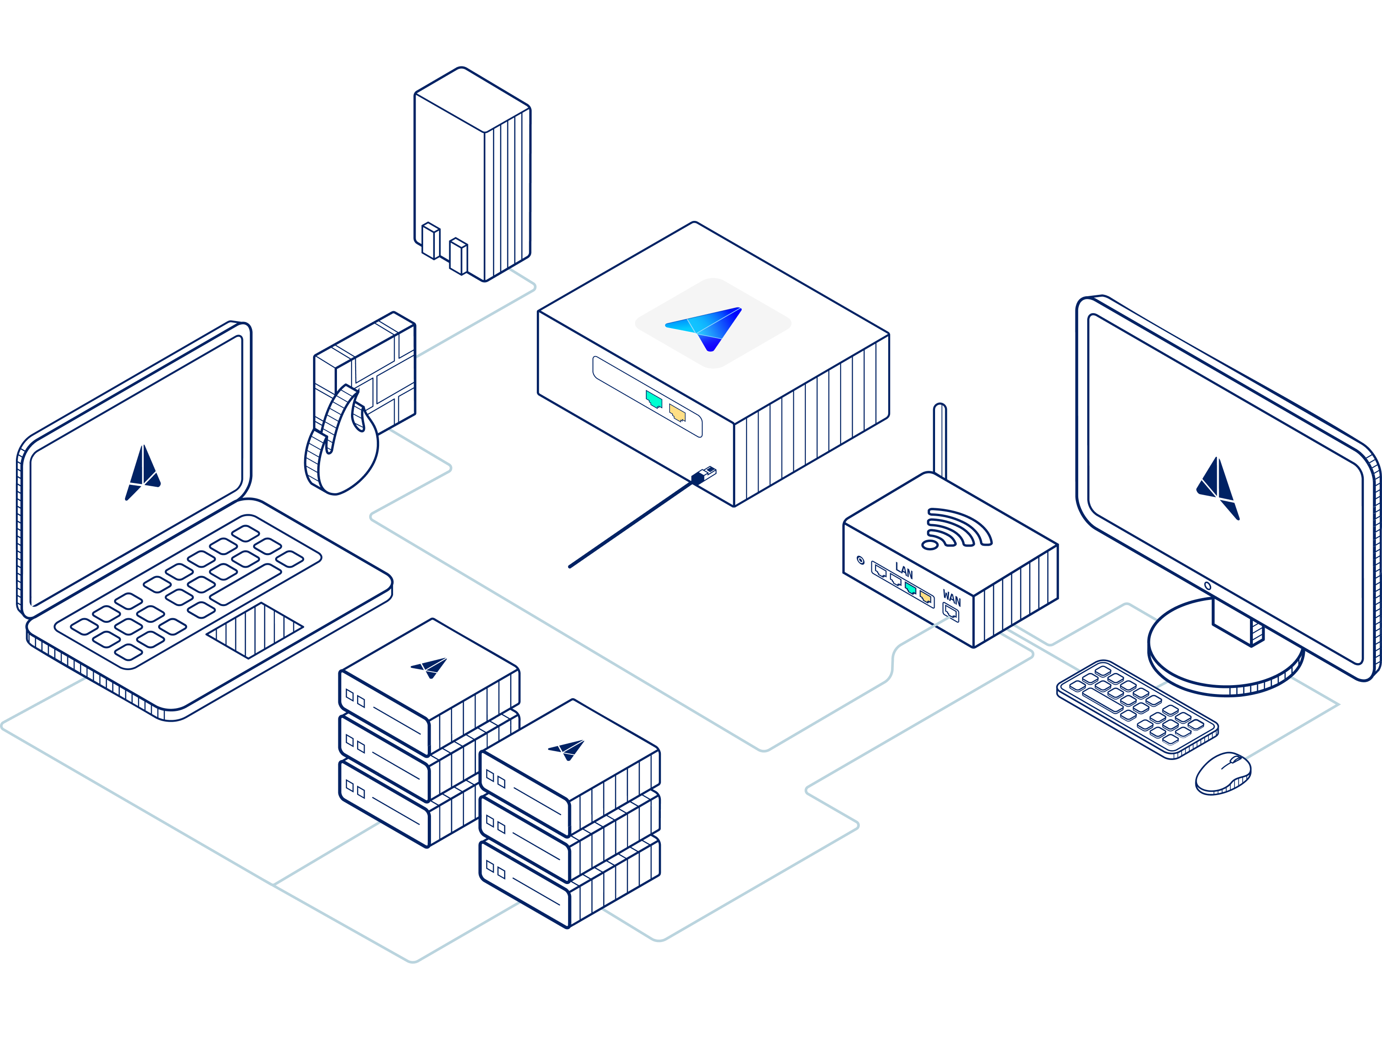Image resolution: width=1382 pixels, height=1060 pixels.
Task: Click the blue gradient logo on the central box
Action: tap(706, 326)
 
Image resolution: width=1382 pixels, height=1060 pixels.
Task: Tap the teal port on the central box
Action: tap(654, 399)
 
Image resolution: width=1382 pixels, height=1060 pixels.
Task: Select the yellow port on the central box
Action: tap(677, 413)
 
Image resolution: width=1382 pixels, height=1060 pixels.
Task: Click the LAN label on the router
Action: tap(904, 571)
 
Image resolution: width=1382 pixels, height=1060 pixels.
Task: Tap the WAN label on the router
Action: tap(951, 598)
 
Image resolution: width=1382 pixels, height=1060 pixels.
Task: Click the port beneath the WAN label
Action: tap(951, 611)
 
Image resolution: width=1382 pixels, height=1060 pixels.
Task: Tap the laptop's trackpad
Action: tap(255, 630)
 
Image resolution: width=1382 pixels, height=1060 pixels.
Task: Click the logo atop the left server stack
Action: tap(431, 667)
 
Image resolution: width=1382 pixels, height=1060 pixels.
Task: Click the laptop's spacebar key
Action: tap(246, 584)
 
